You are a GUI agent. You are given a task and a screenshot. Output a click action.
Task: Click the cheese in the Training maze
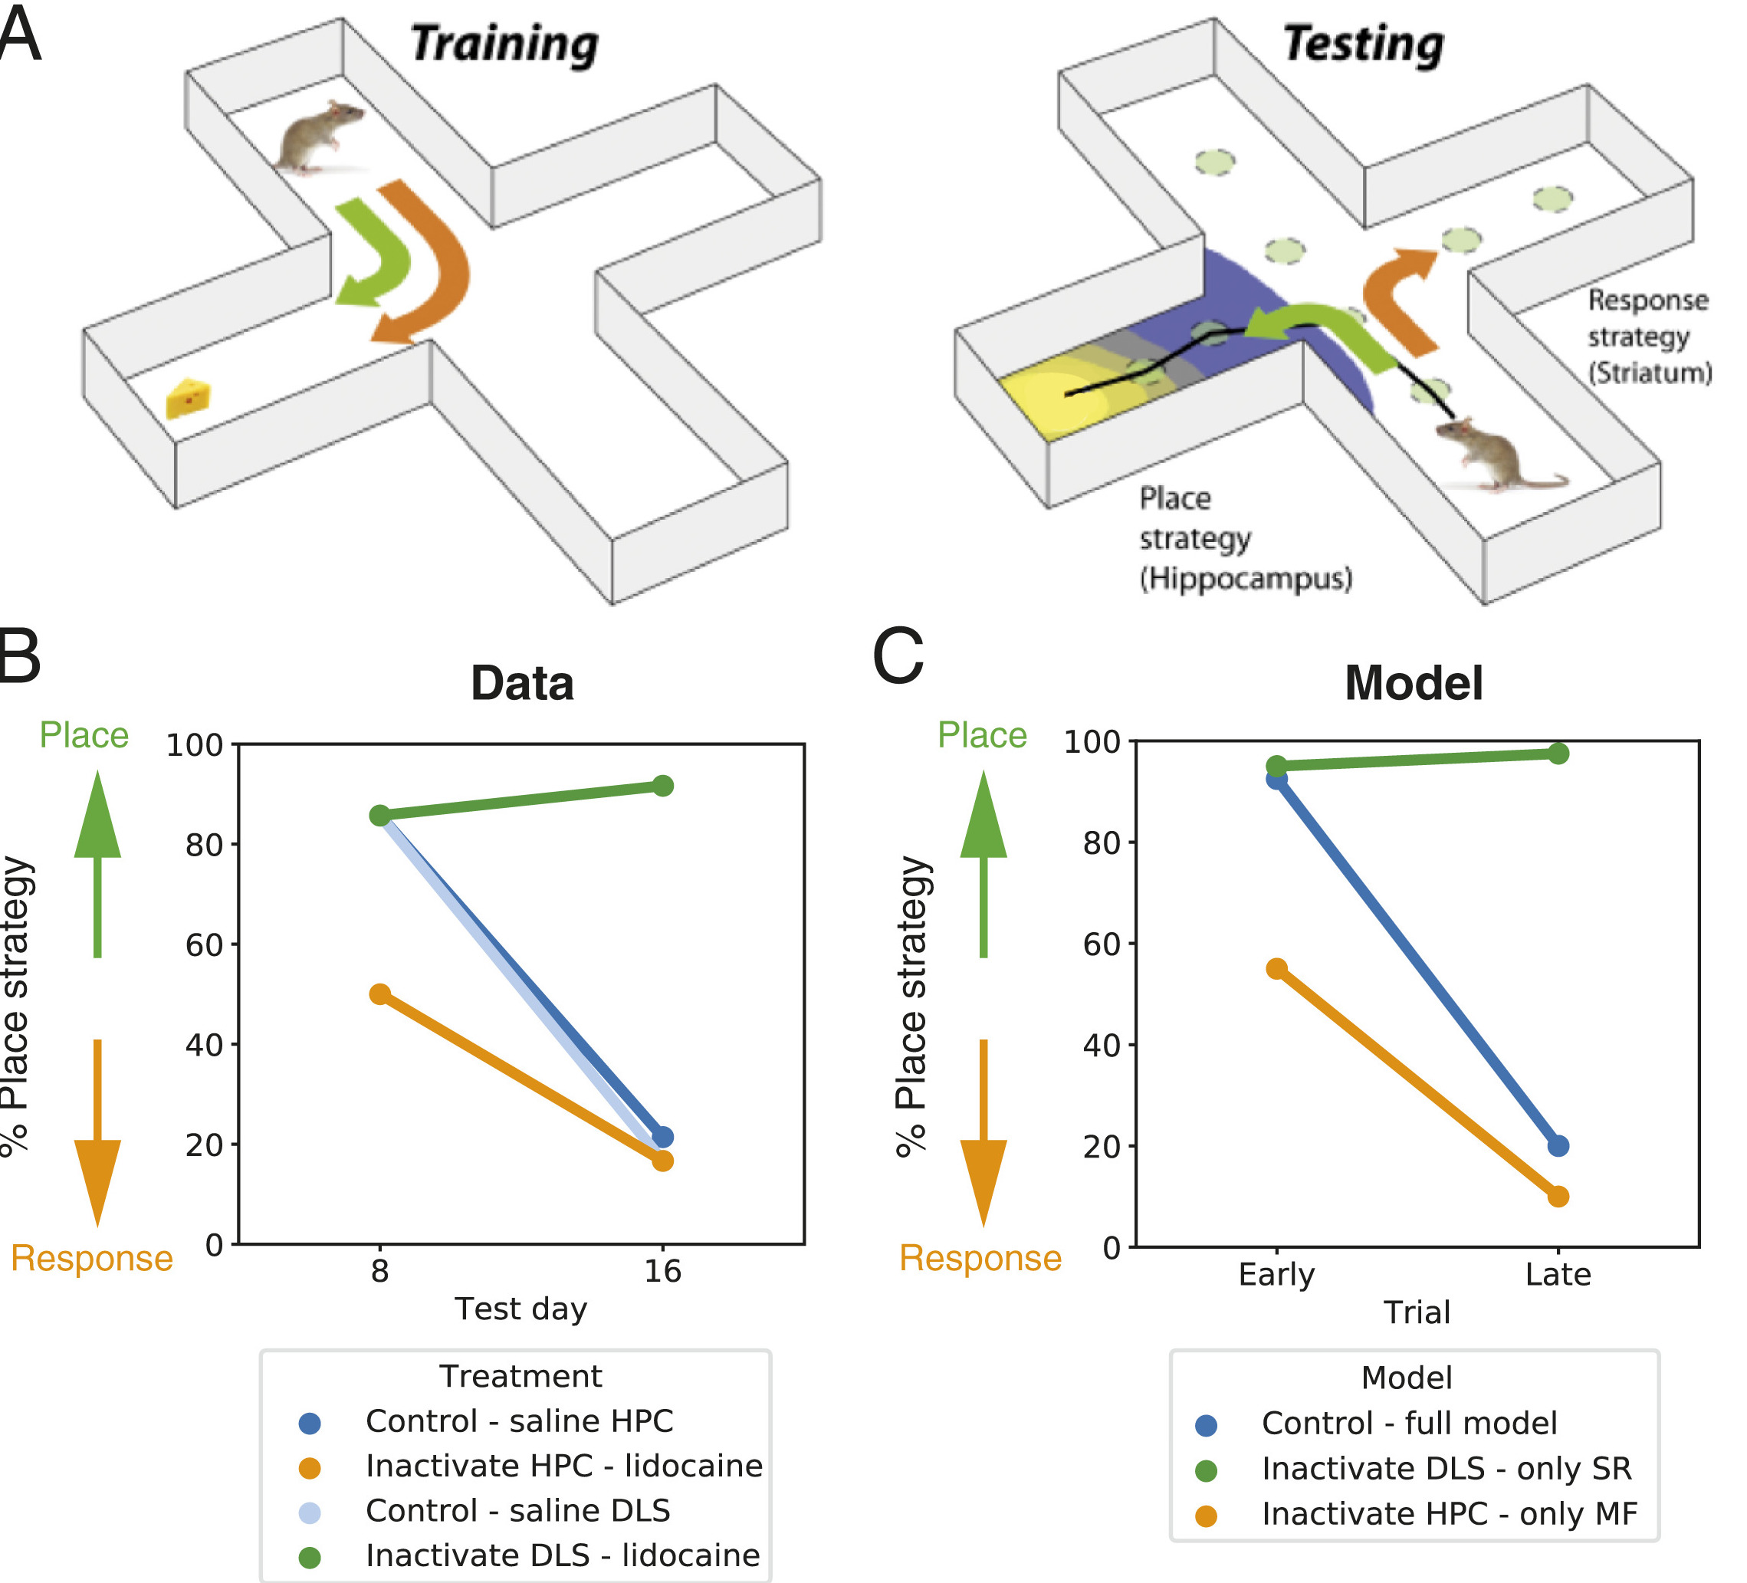[x=188, y=398]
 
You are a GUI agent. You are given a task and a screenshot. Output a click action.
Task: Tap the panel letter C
[x=898, y=657]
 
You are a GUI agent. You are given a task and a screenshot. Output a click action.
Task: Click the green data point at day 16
[x=662, y=786]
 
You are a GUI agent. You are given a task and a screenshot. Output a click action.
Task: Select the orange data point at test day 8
[x=379, y=993]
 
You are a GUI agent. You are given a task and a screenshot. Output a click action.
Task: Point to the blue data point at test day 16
[x=663, y=1137]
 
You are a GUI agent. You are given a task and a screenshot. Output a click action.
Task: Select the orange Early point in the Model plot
[x=1276, y=969]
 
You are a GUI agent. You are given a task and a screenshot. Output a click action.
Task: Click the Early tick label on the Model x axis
[x=1276, y=1275]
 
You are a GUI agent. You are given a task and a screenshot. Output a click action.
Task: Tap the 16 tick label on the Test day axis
[x=662, y=1271]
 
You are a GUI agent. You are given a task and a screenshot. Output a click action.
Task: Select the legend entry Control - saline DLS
[x=517, y=1510]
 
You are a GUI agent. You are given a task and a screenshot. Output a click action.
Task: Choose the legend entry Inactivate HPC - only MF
[x=1449, y=1514]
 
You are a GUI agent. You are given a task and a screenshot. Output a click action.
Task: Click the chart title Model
[x=1414, y=683]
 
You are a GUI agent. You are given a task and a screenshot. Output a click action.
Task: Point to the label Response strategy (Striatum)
[x=1648, y=337]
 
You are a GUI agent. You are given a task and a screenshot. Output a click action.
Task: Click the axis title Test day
[x=520, y=1309]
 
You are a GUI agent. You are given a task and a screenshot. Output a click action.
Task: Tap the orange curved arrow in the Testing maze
[x=1395, y=299]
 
